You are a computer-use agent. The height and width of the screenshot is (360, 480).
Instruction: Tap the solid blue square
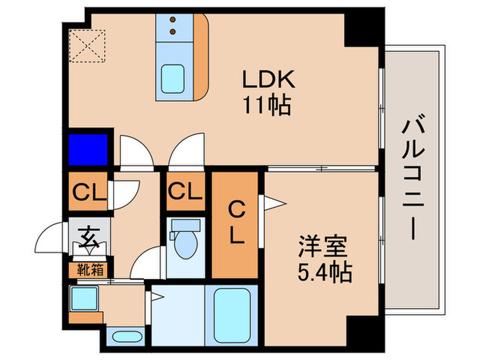[x=88, y=148]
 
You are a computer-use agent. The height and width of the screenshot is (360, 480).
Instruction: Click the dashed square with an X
[x=86, y=46]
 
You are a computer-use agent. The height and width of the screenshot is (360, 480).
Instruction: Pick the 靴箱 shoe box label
[x=89, y=269]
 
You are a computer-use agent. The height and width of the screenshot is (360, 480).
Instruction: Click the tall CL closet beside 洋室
[x=235, y=223]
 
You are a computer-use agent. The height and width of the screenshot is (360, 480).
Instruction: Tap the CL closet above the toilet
[x=185, y=191]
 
